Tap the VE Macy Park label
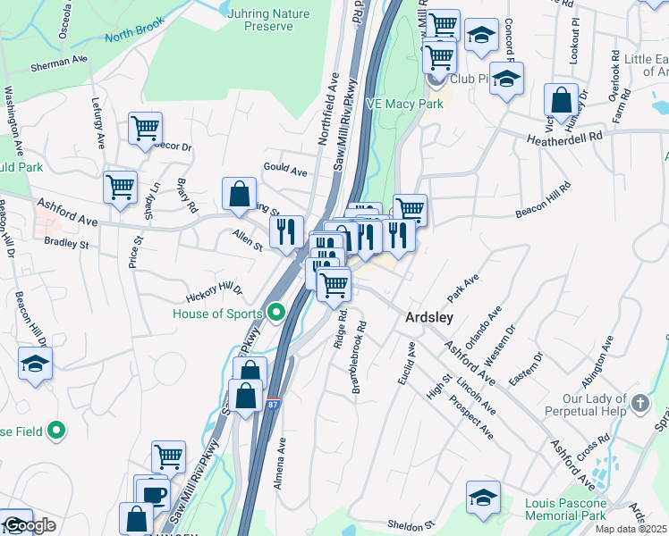pos(404,105)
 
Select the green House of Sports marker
pos(276,314)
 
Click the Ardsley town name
pos(429,317)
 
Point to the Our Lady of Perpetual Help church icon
pos(639,403)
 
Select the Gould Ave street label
pos(284,170)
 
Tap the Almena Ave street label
pos(280,463)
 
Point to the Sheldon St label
pos(410,525)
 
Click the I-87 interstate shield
pos(274,405)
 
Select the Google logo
pos(29,525)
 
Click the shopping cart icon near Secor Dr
pos(145,127)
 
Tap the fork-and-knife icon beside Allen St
pos(286,231)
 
